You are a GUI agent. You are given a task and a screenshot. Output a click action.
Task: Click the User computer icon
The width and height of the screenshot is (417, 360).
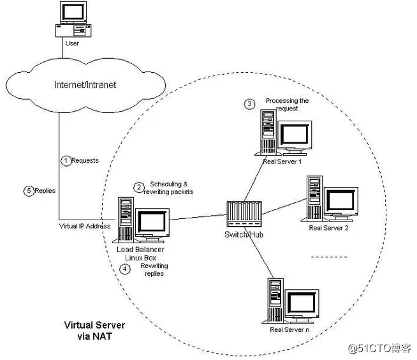73,22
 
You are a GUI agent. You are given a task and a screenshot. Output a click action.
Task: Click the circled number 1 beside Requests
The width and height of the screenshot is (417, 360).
65,161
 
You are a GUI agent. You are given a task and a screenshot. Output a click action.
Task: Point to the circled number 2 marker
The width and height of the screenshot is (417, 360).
138,187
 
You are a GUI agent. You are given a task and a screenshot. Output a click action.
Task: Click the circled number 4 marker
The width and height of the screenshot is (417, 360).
126,269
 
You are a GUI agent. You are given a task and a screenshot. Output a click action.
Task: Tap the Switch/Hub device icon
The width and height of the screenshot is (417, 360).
244,214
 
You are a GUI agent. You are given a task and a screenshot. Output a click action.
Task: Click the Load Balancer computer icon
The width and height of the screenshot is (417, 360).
141,219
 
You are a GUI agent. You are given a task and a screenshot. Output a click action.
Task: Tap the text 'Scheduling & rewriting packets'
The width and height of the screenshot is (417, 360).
170,188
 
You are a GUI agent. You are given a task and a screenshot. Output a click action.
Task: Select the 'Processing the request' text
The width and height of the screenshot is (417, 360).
286,105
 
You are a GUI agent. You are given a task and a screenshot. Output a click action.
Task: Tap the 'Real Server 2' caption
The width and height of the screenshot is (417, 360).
328,228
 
